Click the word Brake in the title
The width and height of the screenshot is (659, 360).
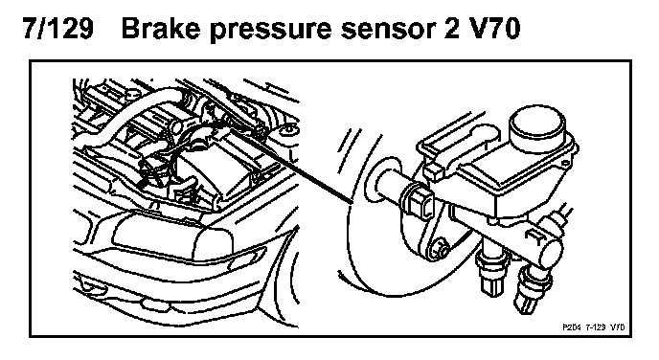(162, 29)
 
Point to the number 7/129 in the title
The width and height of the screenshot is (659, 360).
(57, 29)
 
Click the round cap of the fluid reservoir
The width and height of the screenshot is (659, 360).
(535, 124)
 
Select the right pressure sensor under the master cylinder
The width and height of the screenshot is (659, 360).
(532, 290)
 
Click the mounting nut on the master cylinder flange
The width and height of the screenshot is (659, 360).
(438, 248)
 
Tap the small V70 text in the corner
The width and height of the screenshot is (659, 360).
(617, 327)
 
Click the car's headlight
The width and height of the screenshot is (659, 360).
(172, 237)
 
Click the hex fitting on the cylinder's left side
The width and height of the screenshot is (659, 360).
(418, 200)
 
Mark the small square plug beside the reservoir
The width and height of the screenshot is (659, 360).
(433, 171)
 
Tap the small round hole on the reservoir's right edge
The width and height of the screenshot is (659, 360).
(566, 164)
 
